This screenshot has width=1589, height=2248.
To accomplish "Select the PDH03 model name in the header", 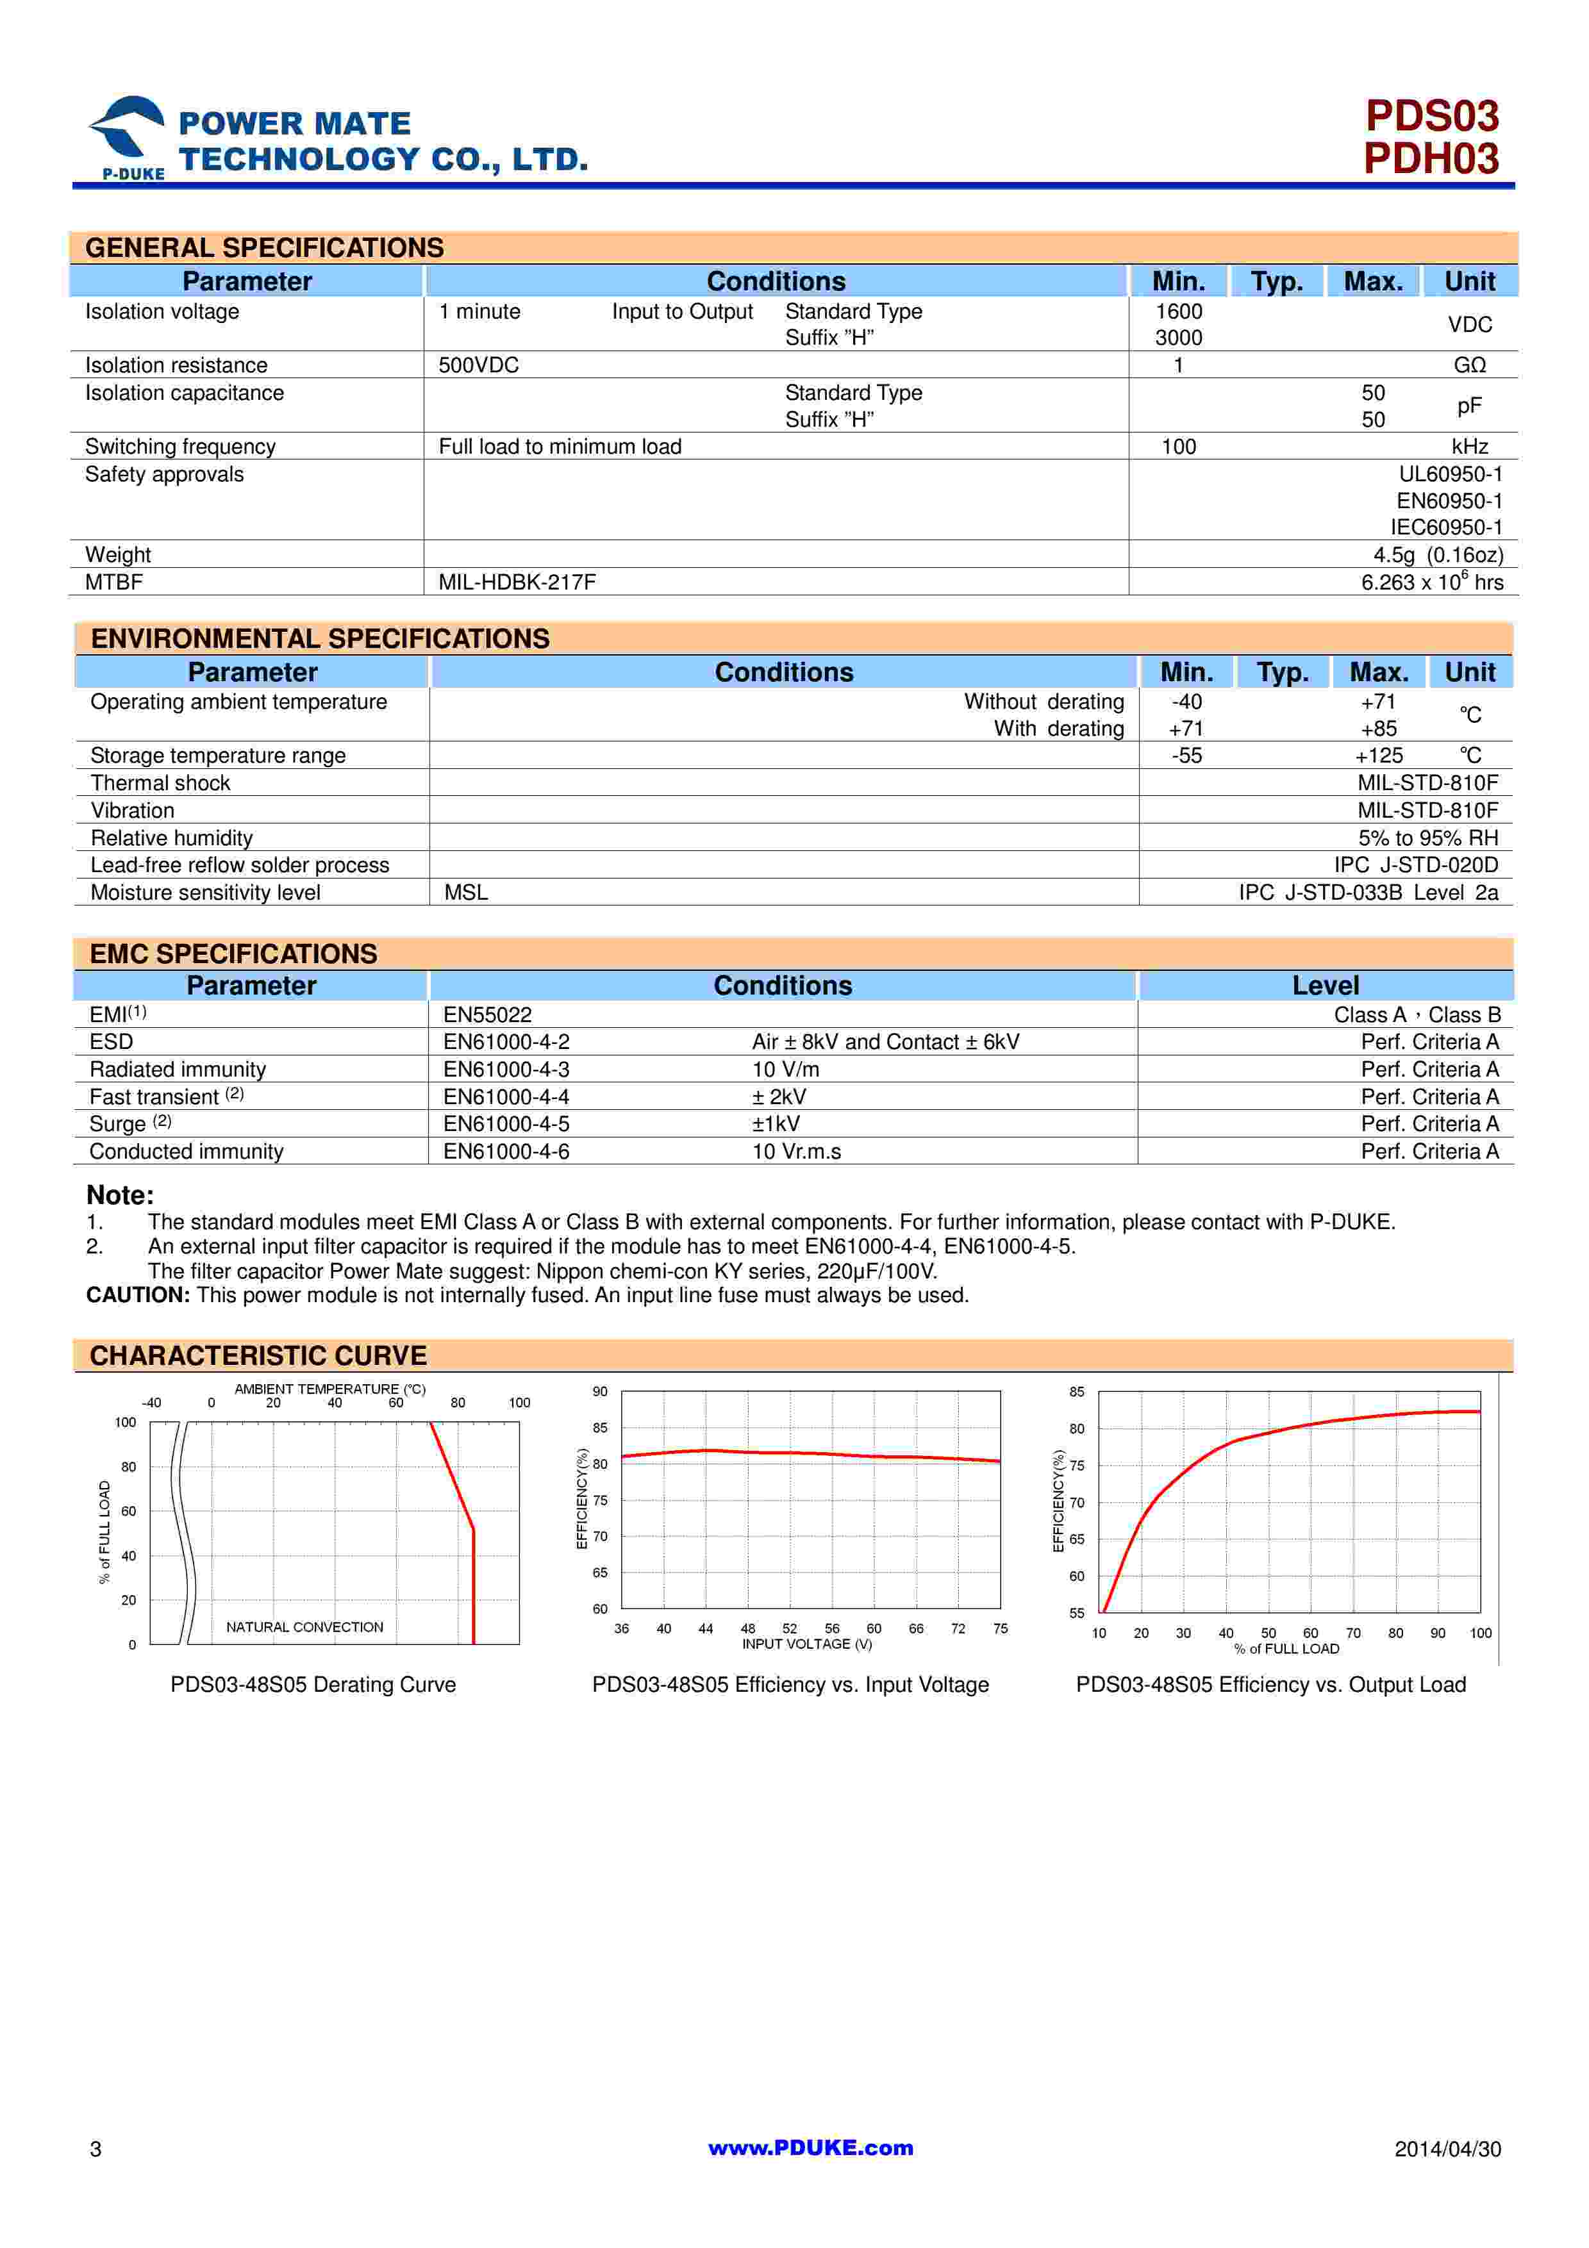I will pyautogui.click(x=1431, y=159).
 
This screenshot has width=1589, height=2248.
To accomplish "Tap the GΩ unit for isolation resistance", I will pyautogui.click(x=1470, y=365).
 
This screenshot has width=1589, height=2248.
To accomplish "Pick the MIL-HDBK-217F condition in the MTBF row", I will pyautogui.click(x=517, y=583).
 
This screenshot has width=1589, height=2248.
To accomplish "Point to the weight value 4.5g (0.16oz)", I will pyautogui.click(x=1437, y=555).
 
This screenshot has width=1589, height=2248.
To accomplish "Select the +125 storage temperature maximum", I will pyautogui.click(x=1379, y=756).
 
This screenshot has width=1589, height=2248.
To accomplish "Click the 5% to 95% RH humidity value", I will pyautogui.click(x=1427, y=838).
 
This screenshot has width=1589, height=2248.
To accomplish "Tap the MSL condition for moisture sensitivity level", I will pyautogui.click(x=466, y=893).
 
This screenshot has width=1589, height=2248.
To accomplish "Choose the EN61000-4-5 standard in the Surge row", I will pyautogui.click(x=506, y=1124).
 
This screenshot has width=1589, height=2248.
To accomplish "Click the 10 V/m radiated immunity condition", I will pyautogui.click(x=785, y=1069).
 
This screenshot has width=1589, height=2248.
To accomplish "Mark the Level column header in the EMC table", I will pyautogui.click(x=1325, y=986).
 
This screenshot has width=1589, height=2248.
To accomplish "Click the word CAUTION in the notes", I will pyautogui.click(x=137, y=1295).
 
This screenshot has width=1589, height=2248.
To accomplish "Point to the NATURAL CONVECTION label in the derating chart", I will pyautogui.click(x=304, y=1627).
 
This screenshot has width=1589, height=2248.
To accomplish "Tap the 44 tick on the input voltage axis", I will pyautogui.click(x=706, y=1629).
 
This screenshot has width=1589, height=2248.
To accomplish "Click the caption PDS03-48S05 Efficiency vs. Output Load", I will pyautogui.click(x=1271, y=1685).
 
